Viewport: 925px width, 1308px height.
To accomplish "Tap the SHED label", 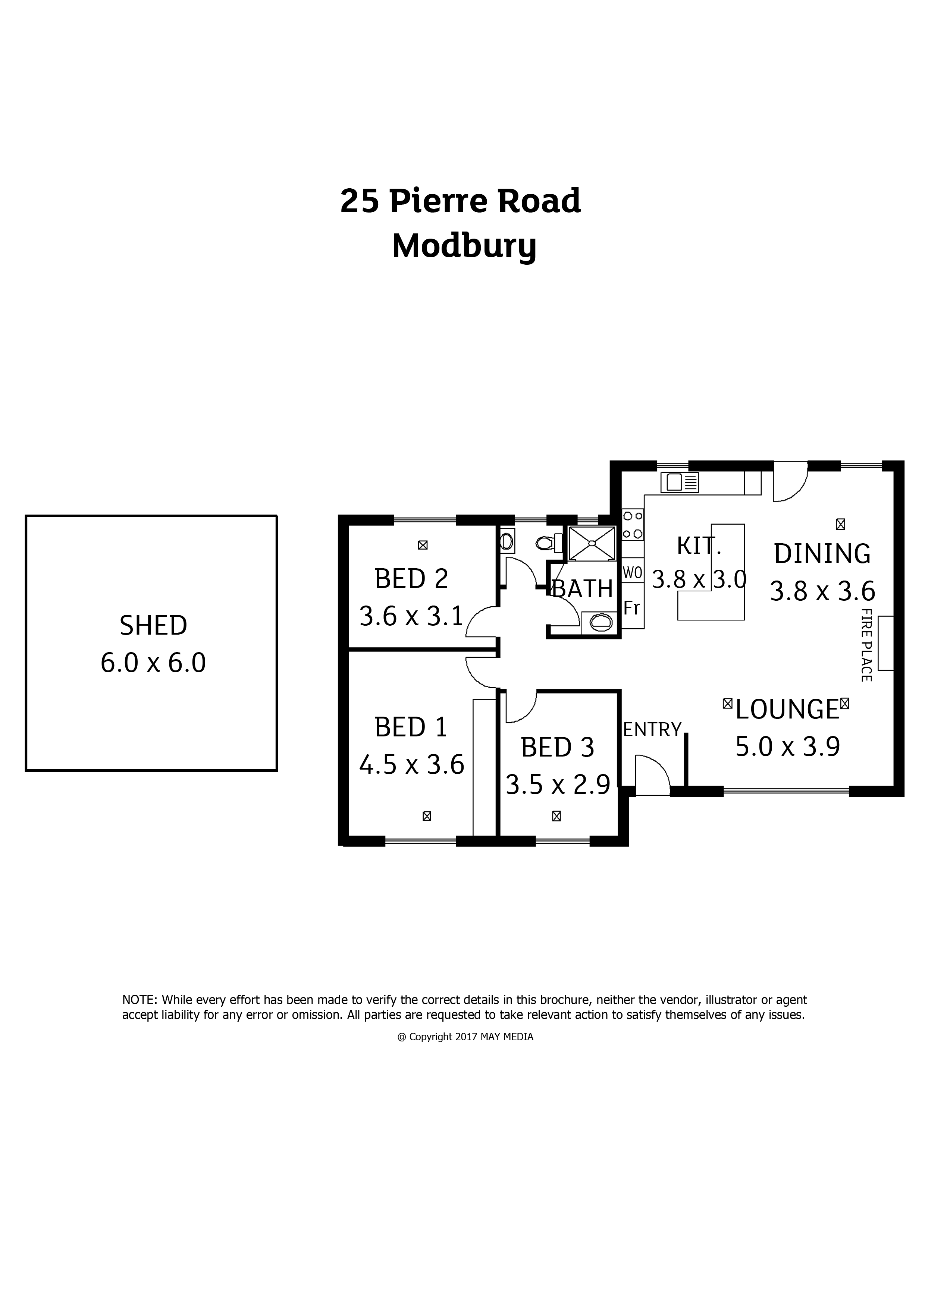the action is tap(153, 626).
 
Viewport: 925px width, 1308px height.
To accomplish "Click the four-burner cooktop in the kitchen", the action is tap(633, 524).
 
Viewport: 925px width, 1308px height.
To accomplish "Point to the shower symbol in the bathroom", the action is tap(592, 543).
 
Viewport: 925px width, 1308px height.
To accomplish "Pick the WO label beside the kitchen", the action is tap(632, 573).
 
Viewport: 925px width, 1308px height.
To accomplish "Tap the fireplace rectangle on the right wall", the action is tap(886, 643).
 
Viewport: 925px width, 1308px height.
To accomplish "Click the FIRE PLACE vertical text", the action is tap(866, 645).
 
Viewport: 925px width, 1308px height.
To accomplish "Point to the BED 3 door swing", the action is tap(519, 707).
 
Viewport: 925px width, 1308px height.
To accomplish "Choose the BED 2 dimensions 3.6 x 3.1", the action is tap(411, 616).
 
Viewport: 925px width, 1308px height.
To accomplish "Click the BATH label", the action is tap(583, 588).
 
